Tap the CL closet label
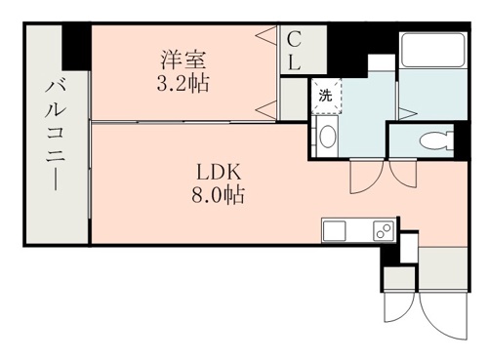(x=294, y=48)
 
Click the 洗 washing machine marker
(x=326, y=95)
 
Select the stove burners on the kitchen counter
(x=381, y=231)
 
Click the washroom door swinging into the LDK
(x=365, y=177)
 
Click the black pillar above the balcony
(x=75, y=43)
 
